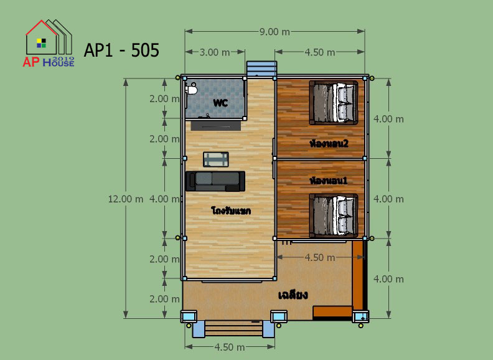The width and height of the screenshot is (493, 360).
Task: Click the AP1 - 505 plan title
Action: (x=121, y=50)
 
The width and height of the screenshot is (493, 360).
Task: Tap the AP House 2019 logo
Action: (x=49, y=44)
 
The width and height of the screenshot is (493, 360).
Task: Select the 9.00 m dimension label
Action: (x=275, y=32)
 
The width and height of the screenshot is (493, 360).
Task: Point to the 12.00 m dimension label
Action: (x=126, y=199)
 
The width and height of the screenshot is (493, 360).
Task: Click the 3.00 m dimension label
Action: (x=215, y=52)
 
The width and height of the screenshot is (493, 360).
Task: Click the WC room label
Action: (x=220, y=103)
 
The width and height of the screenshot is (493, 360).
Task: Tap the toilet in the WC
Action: (x=192, y=90)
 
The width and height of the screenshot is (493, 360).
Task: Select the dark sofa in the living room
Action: (x=215, y=181)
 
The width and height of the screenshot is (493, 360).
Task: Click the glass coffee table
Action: (x=215, y=159)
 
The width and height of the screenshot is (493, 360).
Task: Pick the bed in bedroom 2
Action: (x=334, y=103)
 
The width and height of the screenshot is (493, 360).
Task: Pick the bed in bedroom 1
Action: (x=334, y=216)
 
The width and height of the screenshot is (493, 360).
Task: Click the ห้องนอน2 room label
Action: (x=329, y=143)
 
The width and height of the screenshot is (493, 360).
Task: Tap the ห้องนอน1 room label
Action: (x=329, y=181)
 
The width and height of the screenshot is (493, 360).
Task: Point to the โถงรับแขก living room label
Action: (x=231, y=211)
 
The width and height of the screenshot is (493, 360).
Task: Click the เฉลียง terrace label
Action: (x=293, y=295)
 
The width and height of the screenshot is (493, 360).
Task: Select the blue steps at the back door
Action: (x=261, y=69)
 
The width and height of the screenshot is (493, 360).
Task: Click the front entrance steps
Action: (x=233, y=329)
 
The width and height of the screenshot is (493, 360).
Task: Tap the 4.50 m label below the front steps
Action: (x=230, y=347)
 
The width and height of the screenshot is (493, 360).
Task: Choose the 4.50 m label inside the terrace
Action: (x=320, y=257)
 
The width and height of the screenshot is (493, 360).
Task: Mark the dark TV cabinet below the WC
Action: (x=215, y=126)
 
